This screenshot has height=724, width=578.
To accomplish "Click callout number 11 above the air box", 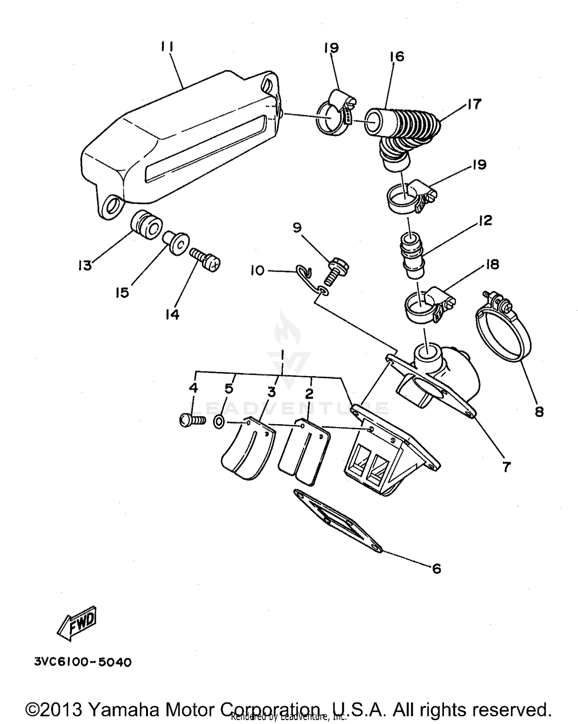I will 166,47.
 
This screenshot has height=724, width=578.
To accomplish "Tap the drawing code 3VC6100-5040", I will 83,662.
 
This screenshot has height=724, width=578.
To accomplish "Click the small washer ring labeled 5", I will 218,422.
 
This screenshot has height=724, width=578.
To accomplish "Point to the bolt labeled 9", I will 338,271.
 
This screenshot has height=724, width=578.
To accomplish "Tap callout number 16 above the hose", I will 397,57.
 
